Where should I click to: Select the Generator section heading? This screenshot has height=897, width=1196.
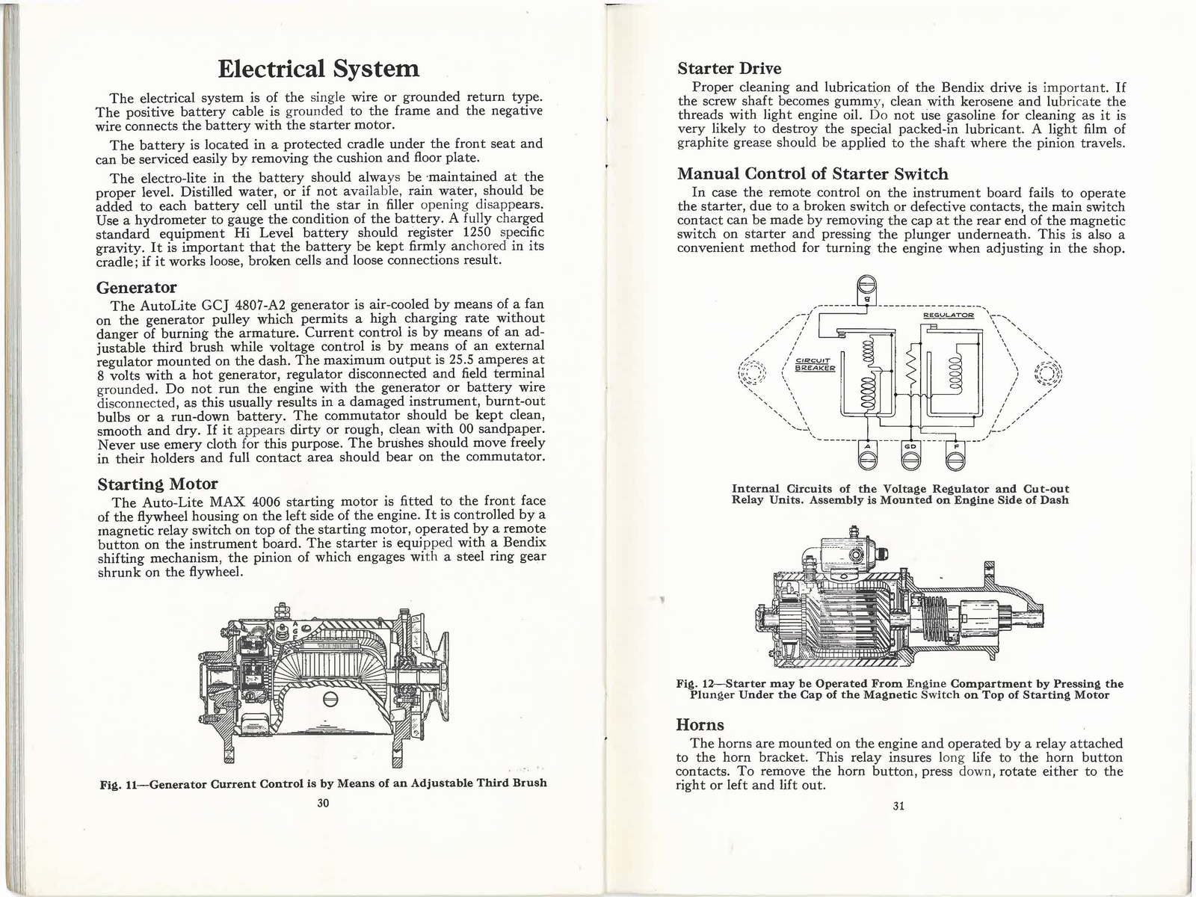(x=137, y=288)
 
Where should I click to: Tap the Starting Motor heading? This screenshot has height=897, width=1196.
(x=158, y=484)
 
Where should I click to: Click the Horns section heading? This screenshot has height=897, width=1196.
(x=700, y=724)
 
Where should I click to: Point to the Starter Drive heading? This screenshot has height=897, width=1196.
(x=729, y=69)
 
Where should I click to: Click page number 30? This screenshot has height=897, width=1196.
(x=323, y=804)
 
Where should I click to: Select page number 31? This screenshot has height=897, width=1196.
(x=898, y=806)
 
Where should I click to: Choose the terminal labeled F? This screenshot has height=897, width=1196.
(x=955, y=457)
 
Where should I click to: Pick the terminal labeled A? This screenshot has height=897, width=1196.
(x=867, y=457)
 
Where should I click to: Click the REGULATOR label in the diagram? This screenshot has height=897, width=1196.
(x=949, y=315)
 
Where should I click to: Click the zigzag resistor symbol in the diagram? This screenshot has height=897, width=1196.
(x=910, y=372)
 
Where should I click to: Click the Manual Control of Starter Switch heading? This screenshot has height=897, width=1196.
(x=813, y=173)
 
